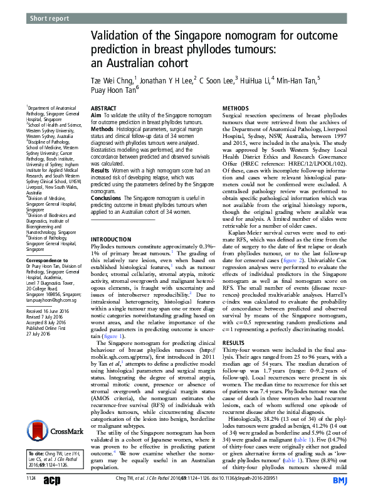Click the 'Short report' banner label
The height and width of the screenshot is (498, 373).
coord(50,19)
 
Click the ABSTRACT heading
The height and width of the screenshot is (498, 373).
coord(104,109)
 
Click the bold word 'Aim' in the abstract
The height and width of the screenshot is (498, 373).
coord(97,117)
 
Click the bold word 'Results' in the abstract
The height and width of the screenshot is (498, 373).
coord(100,170)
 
